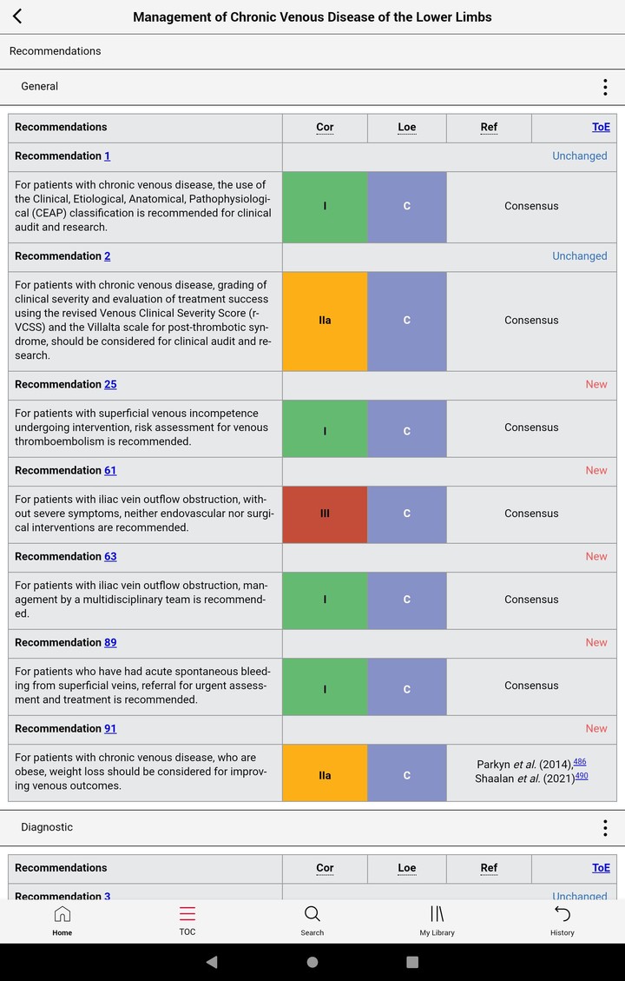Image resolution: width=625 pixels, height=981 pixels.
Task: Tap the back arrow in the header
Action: pos(17,17)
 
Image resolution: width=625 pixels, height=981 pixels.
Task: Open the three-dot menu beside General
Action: pos(605,87)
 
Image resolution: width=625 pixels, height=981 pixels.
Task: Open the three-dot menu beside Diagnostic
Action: pos(605,827)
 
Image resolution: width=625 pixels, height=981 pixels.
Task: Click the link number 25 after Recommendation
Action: pos(110,384)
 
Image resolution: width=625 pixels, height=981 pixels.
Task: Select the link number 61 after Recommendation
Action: pos(110,470)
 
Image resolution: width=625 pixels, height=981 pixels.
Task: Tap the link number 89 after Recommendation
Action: pos(110,642)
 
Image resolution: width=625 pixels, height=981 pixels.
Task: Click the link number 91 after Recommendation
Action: pos(110,728)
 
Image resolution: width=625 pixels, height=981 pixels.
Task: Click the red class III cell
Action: pos(325,514)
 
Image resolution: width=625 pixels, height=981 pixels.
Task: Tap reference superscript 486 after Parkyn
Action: pos(579,762)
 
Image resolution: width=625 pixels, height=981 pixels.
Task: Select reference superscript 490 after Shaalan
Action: pos(581,776)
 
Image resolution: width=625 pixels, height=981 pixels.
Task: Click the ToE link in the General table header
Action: pos(601,127)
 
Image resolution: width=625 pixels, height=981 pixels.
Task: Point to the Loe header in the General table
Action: pos(406,127)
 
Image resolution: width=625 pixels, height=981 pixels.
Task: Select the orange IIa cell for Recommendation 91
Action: pos(325,775)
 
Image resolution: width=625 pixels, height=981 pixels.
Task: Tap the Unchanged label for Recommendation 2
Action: pos(579,256)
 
